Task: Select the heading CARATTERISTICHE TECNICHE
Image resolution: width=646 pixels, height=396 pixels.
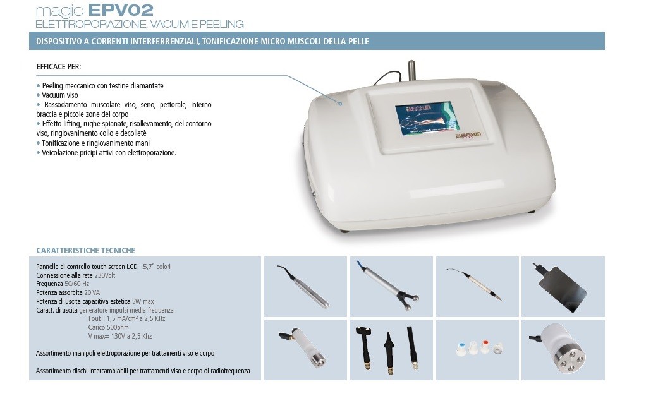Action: [x=85, y=251]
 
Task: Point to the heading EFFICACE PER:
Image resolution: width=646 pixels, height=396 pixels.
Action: [x=59, y=66]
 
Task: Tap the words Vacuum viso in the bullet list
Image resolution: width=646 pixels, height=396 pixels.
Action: [x=59, y=95]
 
